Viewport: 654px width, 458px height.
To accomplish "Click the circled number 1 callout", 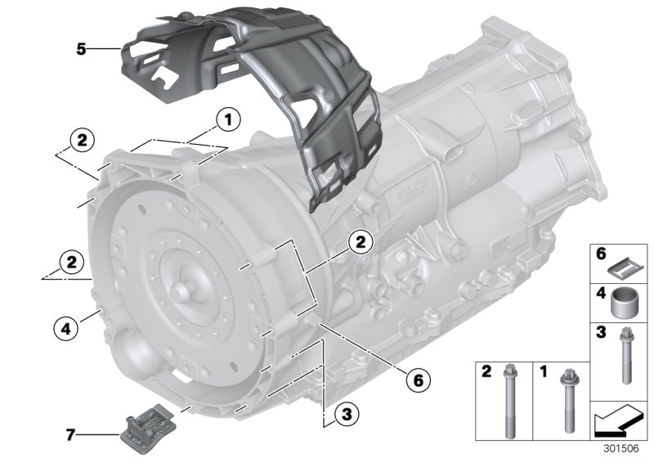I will click(228, 121).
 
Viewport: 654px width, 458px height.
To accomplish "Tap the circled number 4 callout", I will click(65, 329).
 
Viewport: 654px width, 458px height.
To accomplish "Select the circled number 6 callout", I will click(417, 379).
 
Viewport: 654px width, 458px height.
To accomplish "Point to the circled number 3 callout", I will click(347, 415).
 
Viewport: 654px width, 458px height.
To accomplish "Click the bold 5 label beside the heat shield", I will click(81, 49).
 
